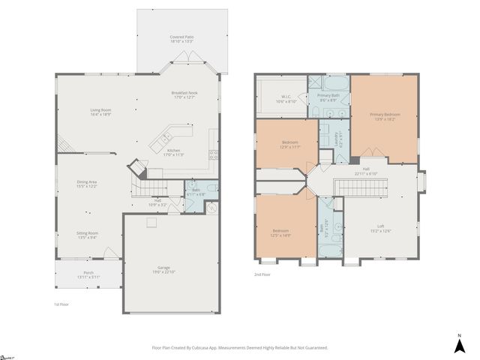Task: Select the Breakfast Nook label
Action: click(x=184, y=93)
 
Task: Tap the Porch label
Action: click(x=88, y=274)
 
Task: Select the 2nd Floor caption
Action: click(x=262, y=275)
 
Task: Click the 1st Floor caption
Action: click(x=61, y=304)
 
